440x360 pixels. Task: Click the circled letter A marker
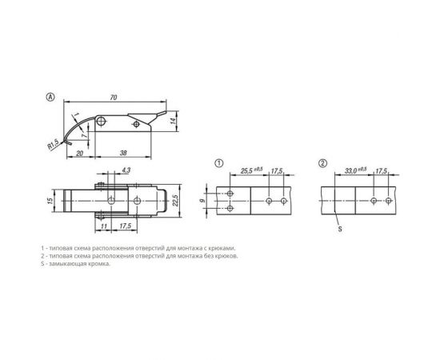tap(50, 97)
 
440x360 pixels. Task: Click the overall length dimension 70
tap(113, 98)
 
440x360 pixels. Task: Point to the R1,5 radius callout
tap(53, 145)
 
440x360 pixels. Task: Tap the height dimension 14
tap(173, 121)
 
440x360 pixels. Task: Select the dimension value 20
tap(80, 153)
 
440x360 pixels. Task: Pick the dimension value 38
tap(123, 153)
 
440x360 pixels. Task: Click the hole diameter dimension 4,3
tap(126, 170)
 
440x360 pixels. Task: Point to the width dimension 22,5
tap(175, 200)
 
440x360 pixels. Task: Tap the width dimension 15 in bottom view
tap(50, 201)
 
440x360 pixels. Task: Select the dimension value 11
tap(103, 226)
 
